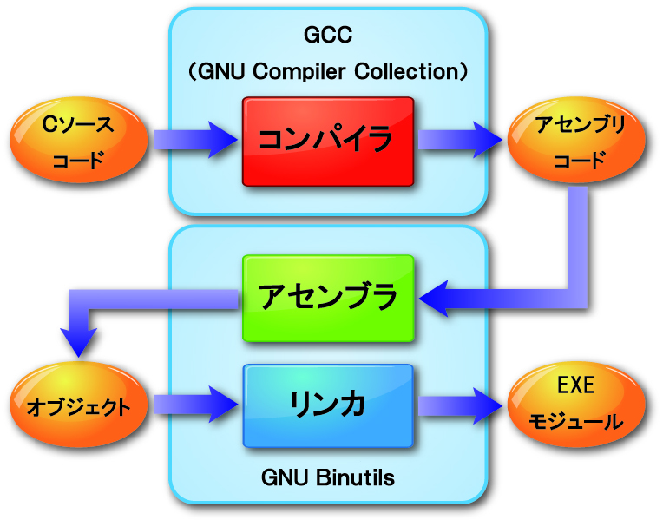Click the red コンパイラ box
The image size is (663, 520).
pos(327,141)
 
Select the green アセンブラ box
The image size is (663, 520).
pos(327,298)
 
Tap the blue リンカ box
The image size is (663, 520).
pos(327,405)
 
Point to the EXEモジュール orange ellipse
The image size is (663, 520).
pos(577,404)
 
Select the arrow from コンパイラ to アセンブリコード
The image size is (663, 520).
pos(460,139)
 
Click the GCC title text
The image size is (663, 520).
pos(328,36)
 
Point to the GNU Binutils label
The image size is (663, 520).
pos(327,477)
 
